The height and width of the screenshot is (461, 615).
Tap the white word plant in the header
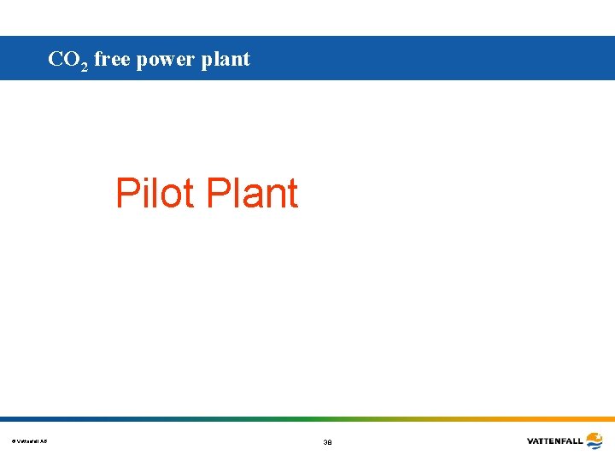pyautogui.click(x=227, y=60)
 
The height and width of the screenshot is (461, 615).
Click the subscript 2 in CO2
pyautogui.click(x=84, y=66)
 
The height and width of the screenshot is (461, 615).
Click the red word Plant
pyautogui.click(x=253, y=193)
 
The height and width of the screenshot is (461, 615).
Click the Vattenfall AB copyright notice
pyautogui.click(x=30, y=441)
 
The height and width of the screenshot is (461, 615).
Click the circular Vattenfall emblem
pyautogui.click(x=594, y=441)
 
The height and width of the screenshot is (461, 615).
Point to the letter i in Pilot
pyautogui.click(x=143, y=193)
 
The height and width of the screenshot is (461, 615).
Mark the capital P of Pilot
pyautogui.click(x=127, y=193)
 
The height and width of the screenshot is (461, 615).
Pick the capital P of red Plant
pyautogui.click(x=220, y=193)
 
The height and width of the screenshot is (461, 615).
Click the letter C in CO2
pyautogui.click(x=56, y=59)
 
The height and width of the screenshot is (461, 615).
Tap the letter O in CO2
pyautogui.click(x=72, y=59)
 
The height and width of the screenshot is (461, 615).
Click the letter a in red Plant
pyautogui.click(x=251, y=197)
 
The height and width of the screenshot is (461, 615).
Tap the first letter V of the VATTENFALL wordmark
pyautogui.click(x=530, y=441)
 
